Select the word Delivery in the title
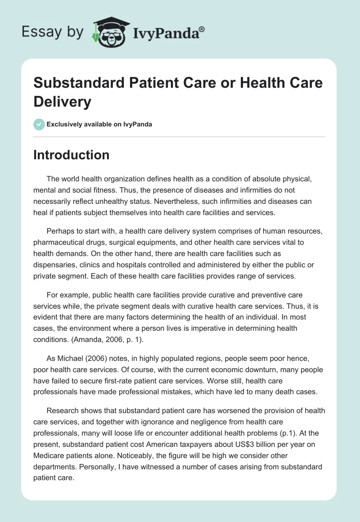[63, 102]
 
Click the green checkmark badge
[39, 124]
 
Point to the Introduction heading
[72, 155]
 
